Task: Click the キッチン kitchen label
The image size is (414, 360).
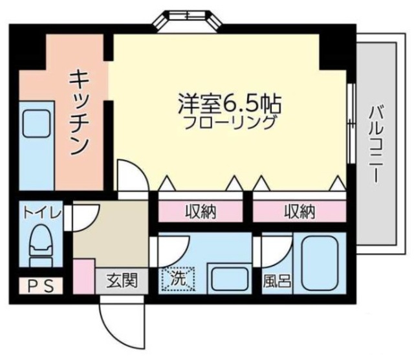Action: click(x=78, y=113)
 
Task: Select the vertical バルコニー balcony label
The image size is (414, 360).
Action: click(x=375, y=146)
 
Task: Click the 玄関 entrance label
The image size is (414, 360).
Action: click(x=121, y=282)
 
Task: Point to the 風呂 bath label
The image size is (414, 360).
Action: click(x=276, y=282)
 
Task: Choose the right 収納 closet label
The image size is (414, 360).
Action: click(x=298, y=211)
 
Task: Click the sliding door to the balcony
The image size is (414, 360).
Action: click(x=350, y=123)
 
